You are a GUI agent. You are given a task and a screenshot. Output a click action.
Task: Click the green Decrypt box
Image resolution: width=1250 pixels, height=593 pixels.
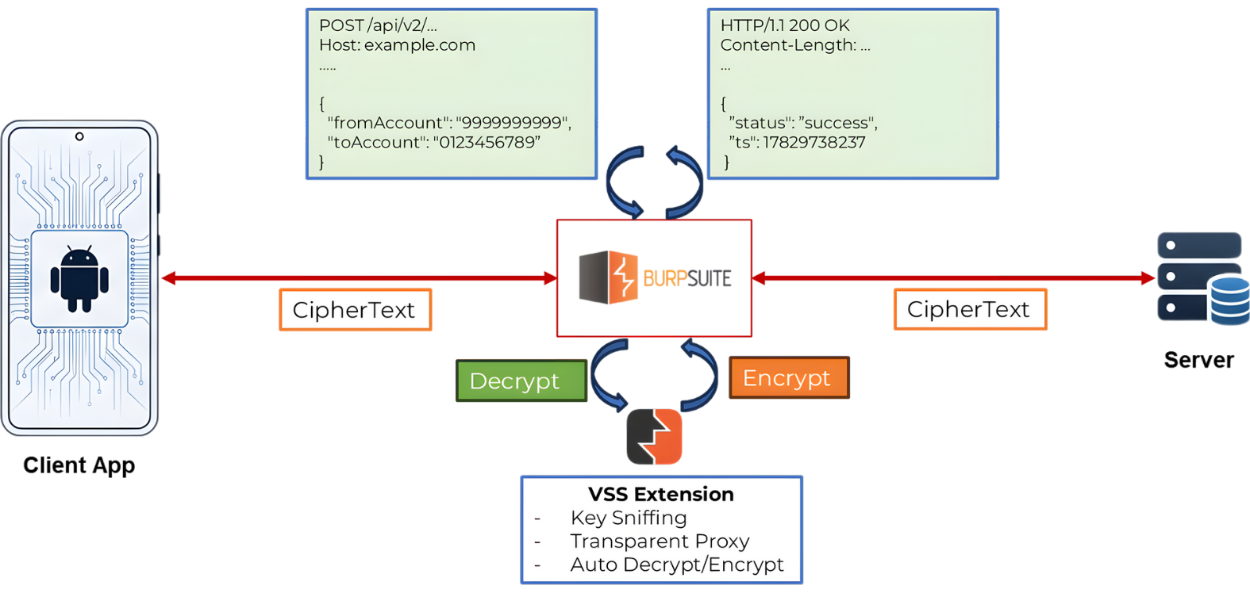point(521,381)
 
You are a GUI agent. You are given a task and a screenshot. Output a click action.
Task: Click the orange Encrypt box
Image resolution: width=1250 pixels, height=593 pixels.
point(788,377)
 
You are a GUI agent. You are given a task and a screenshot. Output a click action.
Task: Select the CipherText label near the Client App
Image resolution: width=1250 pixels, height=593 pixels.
point(355,310)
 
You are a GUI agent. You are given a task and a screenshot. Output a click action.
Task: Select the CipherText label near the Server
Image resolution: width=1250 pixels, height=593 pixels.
point(969,309)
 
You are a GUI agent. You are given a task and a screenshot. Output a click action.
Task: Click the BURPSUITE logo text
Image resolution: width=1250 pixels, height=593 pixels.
point(687,278)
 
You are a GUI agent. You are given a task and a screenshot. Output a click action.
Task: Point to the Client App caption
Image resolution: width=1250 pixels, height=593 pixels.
point(79,465)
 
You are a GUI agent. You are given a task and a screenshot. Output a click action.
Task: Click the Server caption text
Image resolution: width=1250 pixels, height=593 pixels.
point(1198,360)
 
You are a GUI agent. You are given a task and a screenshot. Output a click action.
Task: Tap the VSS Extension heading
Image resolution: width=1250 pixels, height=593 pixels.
point(660,494)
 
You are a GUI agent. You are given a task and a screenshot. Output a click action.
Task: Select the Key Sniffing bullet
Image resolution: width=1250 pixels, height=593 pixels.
point(628,518)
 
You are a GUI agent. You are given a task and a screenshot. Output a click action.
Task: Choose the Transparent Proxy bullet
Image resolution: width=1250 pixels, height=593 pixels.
point(659,541)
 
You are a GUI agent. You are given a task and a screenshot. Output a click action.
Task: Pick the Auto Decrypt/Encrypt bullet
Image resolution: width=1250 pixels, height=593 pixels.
point(676,564)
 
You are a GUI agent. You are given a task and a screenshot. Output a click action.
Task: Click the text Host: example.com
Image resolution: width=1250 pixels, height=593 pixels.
point(397,45)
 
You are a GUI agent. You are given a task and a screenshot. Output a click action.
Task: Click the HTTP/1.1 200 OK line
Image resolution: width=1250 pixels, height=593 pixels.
point(784,25)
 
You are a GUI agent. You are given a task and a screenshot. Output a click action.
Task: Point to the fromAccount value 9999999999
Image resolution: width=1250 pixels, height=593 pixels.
point(513,123)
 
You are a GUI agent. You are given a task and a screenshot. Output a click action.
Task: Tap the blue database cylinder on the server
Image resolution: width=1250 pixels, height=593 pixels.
point(1229,300)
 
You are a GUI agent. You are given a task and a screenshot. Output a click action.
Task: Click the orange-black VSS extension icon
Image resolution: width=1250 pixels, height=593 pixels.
point(654,436)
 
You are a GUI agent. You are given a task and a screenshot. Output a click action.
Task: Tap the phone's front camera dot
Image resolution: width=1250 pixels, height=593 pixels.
point(79,136)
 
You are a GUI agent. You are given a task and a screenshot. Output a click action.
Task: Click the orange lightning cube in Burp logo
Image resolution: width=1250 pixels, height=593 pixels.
point(623,277)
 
